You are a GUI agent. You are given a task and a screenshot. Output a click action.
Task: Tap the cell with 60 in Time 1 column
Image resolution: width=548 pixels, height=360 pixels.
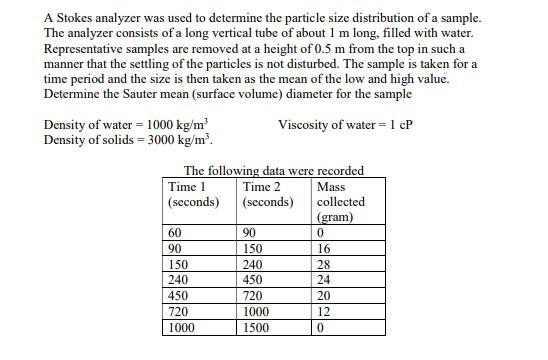tap(178, 234)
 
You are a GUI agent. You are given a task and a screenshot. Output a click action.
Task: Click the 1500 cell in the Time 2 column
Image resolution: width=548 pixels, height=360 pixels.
tap(258, 326)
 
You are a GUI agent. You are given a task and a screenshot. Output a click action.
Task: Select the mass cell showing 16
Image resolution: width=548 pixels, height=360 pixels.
tap(322, 249)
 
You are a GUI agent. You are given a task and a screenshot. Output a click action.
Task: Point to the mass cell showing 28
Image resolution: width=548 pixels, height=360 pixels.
tap(322, 264)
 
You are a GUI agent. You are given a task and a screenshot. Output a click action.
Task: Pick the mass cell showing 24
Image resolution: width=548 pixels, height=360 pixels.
tap(322, 280)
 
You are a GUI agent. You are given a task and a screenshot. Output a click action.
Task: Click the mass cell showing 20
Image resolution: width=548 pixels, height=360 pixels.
tap(322, 295)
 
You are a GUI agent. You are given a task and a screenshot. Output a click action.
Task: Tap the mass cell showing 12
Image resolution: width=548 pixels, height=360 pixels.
tap(322, 311)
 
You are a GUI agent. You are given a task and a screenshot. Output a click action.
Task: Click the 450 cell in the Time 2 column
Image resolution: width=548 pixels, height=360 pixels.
tap(254, 280)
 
